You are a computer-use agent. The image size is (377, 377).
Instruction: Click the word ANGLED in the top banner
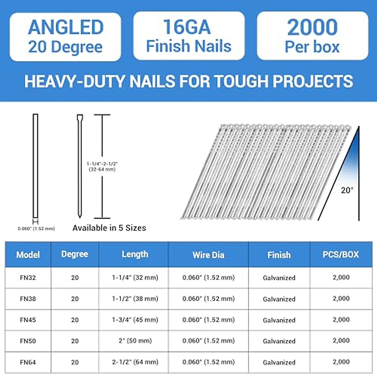click(x=66, y=28)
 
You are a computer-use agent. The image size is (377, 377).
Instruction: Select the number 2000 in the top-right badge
click(x=312, y=27)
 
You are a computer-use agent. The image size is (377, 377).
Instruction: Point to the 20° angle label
click(x=347, y=190)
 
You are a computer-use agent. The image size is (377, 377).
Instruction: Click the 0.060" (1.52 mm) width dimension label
click(x=36, y=229)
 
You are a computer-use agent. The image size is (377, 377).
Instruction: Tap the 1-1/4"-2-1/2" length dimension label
click(x=102, y=167)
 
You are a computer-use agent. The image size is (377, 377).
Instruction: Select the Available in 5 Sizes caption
click(x=109, y=228)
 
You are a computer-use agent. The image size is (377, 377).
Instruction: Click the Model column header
click(x=28, y=255)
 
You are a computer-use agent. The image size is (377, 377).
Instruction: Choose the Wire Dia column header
click(x=208, y=255)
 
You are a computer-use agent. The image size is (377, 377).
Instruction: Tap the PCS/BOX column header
click(x=341, y=254)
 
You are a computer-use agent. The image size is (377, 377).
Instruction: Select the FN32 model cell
click(x=28, y=278)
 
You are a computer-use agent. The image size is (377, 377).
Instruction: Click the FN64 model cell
click(x=28, y=362)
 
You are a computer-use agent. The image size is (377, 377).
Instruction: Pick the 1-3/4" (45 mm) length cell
click(x=135, y=320)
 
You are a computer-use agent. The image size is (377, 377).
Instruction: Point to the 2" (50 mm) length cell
click(x=135, y=341)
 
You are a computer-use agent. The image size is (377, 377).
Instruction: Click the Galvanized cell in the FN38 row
click(x=279, y=299)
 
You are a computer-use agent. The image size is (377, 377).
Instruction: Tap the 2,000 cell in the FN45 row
click(x=341, y=320)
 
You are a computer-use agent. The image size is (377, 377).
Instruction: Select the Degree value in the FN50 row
click(x=75, y=341)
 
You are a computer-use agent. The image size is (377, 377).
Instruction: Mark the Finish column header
click(x=279, y=255)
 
